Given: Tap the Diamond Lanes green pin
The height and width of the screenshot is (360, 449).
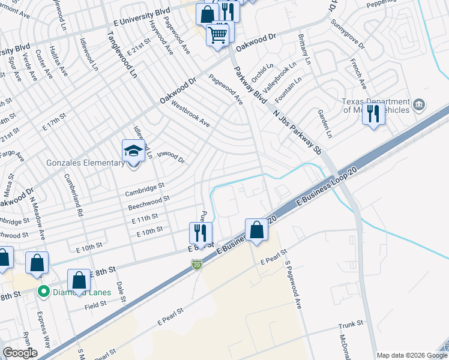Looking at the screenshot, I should point(43,292).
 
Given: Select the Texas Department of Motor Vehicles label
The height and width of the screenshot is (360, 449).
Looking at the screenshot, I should point(375,106).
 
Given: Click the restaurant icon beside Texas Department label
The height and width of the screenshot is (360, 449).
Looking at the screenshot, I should point(374,113).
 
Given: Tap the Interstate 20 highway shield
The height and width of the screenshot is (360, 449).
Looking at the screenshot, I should point(196,263).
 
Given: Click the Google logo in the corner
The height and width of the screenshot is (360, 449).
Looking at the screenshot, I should point(20,353).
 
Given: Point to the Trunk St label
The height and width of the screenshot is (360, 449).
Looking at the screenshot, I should point(351,324).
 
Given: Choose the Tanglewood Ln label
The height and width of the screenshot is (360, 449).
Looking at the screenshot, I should point(121,56).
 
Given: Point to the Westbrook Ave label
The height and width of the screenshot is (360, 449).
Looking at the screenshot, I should point(190,114).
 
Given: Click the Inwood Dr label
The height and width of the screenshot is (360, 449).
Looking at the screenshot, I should point(170,157).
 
